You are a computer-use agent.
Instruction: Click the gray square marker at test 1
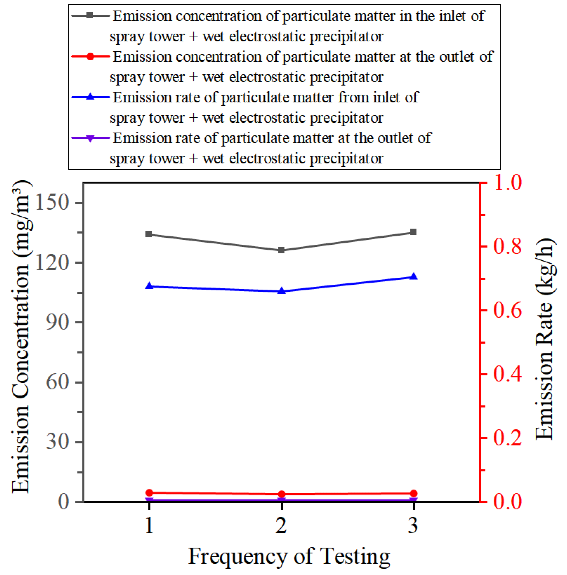(149, 234)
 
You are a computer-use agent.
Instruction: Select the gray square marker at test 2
(281, 250)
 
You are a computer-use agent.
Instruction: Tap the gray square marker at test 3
(414, 232)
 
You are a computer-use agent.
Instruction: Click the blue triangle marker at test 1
(149, 286)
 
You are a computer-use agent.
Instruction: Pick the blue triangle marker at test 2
(281, 291)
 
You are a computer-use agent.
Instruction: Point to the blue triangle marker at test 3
(414, 276)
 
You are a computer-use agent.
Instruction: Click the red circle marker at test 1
(149, 493)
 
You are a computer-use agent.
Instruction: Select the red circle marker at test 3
(414, 493)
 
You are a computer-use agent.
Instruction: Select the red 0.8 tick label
(507, 247)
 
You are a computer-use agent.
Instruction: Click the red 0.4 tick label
(507, 374)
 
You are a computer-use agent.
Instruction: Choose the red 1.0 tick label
(507, 183)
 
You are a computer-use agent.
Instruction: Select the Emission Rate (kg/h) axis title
(545, 339)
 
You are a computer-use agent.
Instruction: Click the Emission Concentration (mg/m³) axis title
(21, 337)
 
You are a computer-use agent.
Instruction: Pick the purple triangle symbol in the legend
(90, 138)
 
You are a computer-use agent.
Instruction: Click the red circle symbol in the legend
(90, 57)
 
